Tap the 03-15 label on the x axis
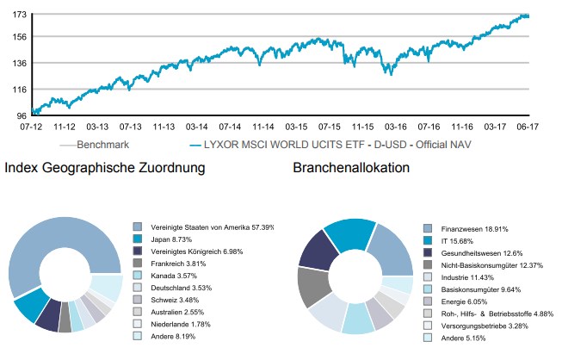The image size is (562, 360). tap(297, 126)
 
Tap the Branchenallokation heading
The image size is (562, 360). tap(351, 168)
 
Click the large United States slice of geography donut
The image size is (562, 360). tap(69, 250)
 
